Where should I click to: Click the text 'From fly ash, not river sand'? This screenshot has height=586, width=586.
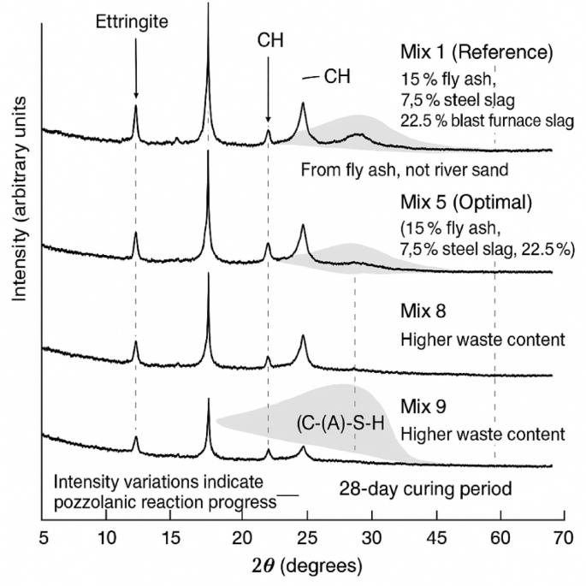(405, 170)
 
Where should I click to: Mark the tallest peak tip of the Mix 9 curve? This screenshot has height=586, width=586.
(209, 400)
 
